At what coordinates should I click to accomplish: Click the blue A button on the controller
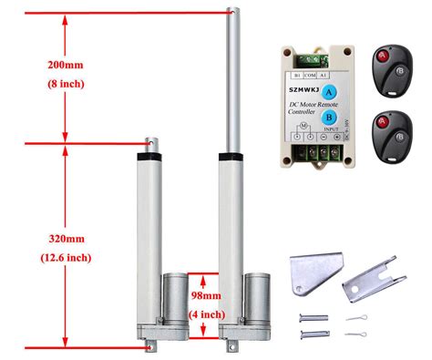click(330, 91)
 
